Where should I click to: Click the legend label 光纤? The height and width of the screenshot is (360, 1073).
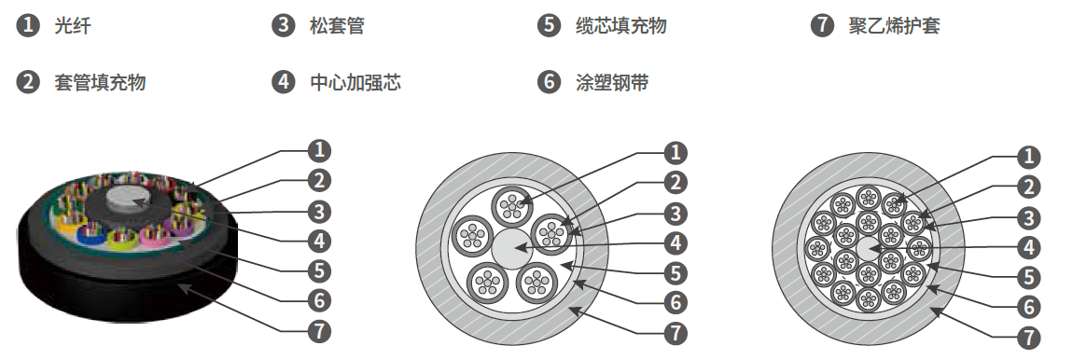pos(73,26)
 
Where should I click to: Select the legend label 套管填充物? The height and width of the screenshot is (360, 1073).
pos(100,83)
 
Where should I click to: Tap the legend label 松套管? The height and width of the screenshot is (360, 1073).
pos(337,26)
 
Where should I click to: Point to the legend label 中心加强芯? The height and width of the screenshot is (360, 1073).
pos(355,83)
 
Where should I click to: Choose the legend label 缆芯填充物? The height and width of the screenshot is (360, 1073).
pos(620,26)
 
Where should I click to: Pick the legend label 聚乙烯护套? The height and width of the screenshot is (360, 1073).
pos(894,26)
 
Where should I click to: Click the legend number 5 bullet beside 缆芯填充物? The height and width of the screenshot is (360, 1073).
pos(549,26)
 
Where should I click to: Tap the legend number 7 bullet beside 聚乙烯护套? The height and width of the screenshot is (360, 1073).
pos(822,26)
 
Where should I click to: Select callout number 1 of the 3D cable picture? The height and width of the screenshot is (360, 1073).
pos(319,150)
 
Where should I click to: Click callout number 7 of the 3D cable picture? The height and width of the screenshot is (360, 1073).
pos(319,331)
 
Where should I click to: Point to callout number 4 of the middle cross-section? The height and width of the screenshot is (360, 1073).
pos(676,242)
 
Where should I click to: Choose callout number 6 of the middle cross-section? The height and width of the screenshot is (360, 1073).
pos(676,302)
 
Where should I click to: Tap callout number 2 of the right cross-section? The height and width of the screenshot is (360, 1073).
pos(1028,187)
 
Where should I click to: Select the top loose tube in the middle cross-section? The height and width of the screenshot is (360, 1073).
pos(512,203)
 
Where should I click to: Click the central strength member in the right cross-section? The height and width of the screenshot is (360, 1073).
pos(869,249)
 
